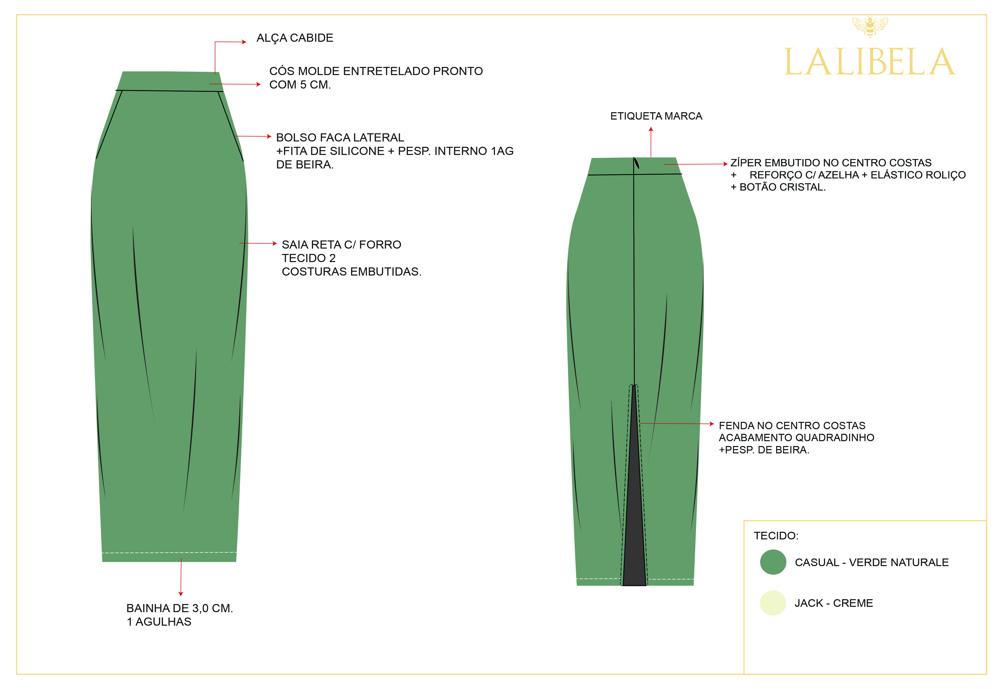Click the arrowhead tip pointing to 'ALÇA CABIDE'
point(246,42)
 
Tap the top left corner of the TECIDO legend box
point(744,521)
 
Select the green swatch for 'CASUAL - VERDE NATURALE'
point(773,562)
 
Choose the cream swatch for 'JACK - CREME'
point(773,602)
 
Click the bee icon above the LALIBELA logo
point(870,27)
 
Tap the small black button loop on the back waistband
point(636,163)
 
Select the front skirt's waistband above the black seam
point(170,81)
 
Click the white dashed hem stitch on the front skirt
point(169,552)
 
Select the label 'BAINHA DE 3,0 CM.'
point(180,608)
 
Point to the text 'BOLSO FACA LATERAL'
point(340,137)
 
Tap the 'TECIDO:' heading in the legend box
point(776,536)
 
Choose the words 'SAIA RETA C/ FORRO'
point(341,245)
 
